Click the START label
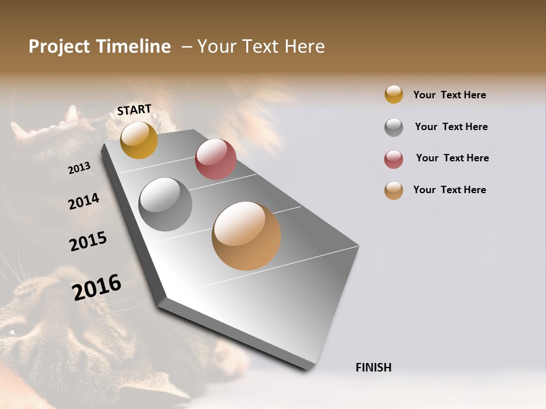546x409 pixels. [x=134, y=110]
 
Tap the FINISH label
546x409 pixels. [x=373, y=368]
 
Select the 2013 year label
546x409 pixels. [x=80, y=168]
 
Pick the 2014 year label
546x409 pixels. [x=84, y=202]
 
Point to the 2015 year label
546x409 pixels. [x=88, y=241]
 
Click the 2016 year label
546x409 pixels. [x=97, y=287]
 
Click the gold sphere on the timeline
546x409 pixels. [x=139, y=140]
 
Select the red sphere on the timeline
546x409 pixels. [x=216, y=159]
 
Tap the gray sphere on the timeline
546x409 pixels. [x=165, y=204]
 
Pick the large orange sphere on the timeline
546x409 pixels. [x=246, y=236]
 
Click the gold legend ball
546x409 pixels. [x=394, y=94]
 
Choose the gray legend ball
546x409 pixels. [x=394, y=127]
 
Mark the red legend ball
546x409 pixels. [x=394, y=159]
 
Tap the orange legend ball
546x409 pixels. [x=394, y=190]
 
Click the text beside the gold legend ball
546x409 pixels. [x=449, y=95]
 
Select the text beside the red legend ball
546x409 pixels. [x=452, y=158]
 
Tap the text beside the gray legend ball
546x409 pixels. [x=451, y=127]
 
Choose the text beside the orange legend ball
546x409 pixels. [x=449, y=190]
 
